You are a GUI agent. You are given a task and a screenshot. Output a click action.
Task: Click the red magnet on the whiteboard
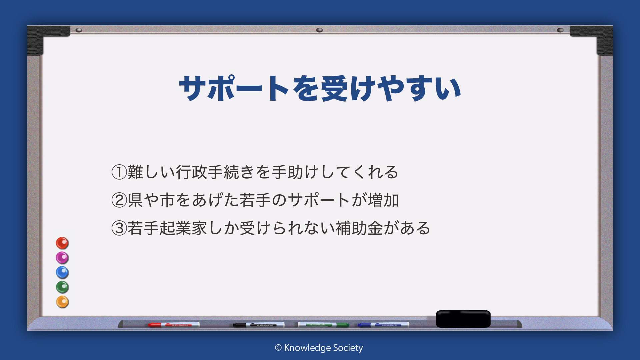coord(62,243)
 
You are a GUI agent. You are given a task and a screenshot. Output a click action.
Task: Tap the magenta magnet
coord(62,258)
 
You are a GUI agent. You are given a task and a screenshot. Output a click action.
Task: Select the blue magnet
coord(62,272)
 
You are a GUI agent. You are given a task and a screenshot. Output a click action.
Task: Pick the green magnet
coord(62,287)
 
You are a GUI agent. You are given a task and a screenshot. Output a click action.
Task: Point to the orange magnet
coord(62,302)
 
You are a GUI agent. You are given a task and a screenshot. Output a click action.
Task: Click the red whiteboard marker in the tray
coord(174,325)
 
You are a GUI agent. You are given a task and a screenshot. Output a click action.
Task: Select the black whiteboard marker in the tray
coord(259,325)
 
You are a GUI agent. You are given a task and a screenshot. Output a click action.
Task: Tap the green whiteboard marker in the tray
coord(323,325)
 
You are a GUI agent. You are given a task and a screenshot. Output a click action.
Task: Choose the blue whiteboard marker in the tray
coord(383,325)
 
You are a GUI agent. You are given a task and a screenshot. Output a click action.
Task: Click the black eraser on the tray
coord(463,319)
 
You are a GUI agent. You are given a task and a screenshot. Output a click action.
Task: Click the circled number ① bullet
coord(119,172)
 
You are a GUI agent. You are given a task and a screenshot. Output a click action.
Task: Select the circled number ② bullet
coord(119,200)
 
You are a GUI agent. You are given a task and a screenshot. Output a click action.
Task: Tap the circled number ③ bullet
coord(119,228)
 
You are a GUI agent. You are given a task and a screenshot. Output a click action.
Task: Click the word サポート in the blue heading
coord(234,88)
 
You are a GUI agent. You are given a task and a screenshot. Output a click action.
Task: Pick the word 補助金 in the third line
coord(359,228)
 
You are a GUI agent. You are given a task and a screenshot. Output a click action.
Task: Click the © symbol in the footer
coord(278,348)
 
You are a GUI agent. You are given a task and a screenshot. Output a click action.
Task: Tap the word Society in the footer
coord(348,348)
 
